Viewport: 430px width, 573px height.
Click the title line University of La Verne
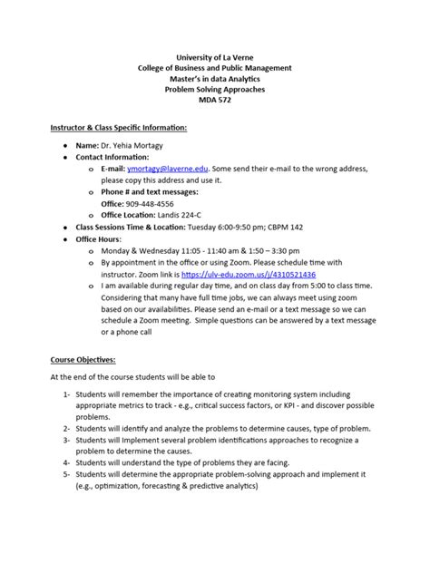pos(215,58)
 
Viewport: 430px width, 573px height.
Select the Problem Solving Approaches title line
pos(215,91)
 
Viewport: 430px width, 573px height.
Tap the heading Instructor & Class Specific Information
pos(118,128)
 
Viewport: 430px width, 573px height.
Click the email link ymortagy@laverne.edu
pos(177,169)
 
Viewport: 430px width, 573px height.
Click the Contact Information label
pos(123,157)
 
